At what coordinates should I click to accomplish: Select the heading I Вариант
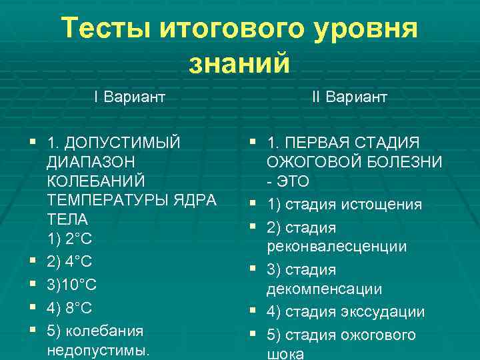[129, 97]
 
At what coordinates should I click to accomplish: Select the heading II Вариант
[349, 97]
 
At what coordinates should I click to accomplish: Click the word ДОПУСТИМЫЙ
[123, 143]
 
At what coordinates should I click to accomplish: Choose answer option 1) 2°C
[69, 239]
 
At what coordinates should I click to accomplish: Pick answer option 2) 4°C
[70, 262]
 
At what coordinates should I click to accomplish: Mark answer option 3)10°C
[72, 285]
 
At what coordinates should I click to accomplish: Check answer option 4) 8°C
[70, 307]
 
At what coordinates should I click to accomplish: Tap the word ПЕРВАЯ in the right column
[316, 143]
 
